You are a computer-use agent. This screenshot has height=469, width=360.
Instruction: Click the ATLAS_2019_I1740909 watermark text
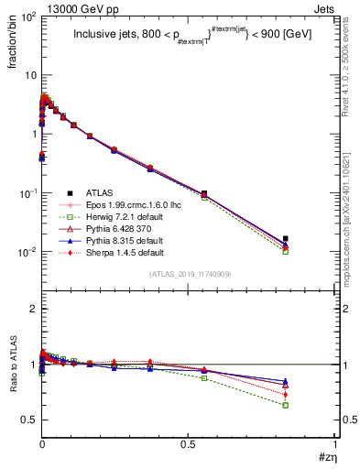(x=189, y=274)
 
